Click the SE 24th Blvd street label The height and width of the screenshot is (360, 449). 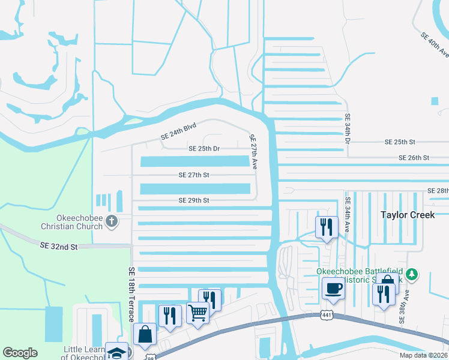click(178, 132)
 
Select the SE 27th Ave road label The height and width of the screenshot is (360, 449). click(253, 151)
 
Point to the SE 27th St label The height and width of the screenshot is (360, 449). click(193, 175)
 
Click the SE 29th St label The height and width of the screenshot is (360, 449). click(193, 200)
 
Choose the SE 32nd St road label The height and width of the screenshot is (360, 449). click(59, 246)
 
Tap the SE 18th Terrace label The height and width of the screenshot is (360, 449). click(131, 295)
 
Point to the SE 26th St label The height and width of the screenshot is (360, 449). click(414, 158)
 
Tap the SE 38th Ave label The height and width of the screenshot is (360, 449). click(406, 307)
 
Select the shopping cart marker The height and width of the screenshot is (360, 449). click(197, 313)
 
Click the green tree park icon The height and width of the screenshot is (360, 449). click(411, 275)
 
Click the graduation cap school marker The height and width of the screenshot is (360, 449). click(116, 352)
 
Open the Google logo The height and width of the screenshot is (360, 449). click(20, 353)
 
